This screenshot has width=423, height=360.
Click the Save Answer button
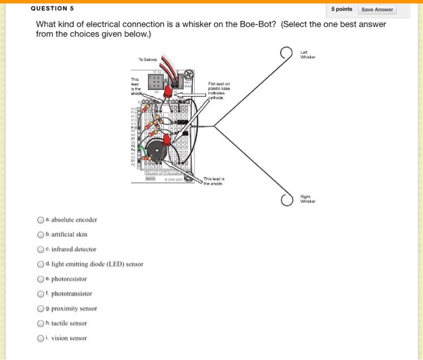pos(377,9)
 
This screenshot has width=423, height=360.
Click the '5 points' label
pos(342,9)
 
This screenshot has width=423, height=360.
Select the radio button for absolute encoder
pos(40,220)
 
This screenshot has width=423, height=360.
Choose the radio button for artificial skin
pos(40,234)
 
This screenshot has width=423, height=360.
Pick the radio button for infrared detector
pos(40,249)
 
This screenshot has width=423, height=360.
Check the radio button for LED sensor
pos(40,264)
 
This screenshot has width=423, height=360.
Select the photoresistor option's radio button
pos(40,279)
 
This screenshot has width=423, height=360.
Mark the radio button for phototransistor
pos(40,294)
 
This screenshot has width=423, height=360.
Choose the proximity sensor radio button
pos(40,309)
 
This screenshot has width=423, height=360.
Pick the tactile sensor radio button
pos(40,323)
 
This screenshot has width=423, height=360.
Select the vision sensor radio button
pos(40,338)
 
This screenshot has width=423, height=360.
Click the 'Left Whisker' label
pos(308,55)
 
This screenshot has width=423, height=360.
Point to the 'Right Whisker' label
pos(308,199)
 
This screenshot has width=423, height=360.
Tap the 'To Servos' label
pos(147,59)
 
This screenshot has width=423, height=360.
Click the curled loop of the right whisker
pos(286,199)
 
